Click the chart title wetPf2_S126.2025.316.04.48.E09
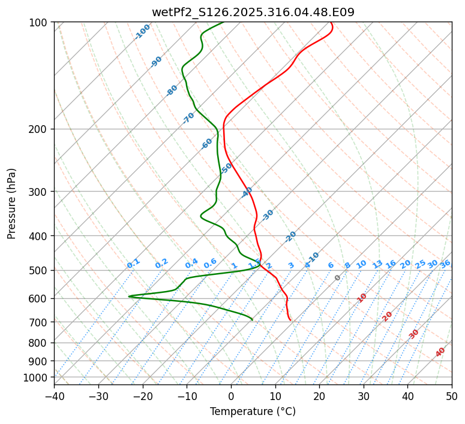click(x=253, y=10)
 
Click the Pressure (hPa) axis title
click(x=11, y=203)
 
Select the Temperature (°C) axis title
click(x=253, y=411)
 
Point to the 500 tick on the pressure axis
click(x=39, y=270)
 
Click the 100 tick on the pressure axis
click(x=39, y=22)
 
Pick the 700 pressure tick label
click(x=39, y=322)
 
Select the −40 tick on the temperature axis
click(x=54, y=396)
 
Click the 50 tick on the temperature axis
click(x=452, y=396)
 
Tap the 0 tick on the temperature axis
click(x=231, y=396)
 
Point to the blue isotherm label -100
click(x=142, y=32)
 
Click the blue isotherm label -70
click(x=188, y=117)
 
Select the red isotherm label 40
click(x=440, y=352)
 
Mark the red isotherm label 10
click(x=362, y=298)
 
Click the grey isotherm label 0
click(x=338, y=278)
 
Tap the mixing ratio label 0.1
click(x=133, y=263)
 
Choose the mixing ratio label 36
click(x=445, y=264)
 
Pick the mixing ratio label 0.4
click(x=191, y=264)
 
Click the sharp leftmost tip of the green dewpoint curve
click(x=128, y=296)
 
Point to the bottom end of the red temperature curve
click(x=291, y=320)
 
